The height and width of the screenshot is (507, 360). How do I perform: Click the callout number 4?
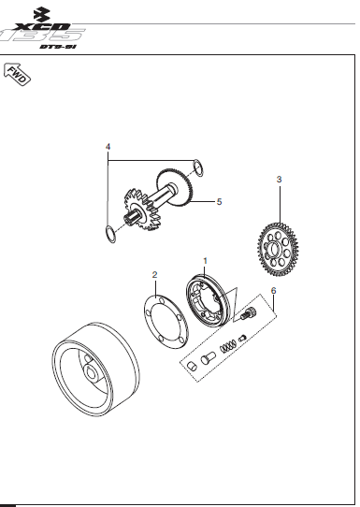108,148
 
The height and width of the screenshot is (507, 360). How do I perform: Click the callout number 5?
219,201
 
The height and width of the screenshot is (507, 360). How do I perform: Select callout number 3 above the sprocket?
279,178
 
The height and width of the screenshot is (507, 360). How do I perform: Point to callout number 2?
155,275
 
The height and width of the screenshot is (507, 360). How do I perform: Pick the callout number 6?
273,291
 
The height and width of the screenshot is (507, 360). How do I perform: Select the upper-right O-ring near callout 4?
197,168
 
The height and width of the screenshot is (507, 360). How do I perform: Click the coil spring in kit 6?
226,349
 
